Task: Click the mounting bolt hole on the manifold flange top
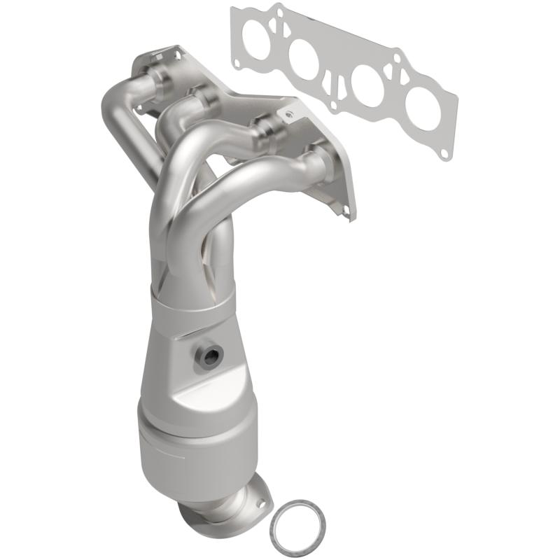coord(287,112)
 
